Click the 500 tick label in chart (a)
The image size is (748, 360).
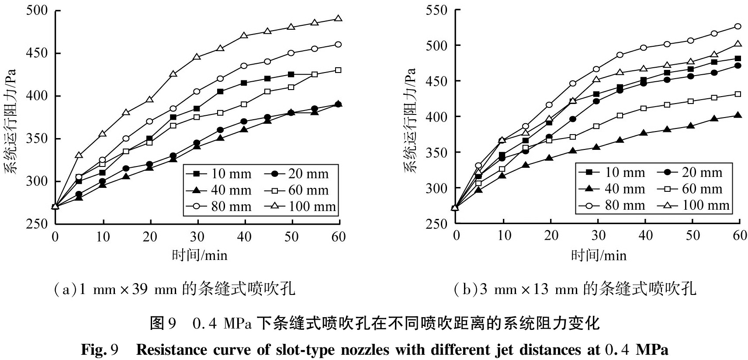pos(37,10)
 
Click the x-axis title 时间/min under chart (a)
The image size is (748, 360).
pos(199,255)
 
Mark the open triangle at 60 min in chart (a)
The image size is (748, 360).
pos(338,18)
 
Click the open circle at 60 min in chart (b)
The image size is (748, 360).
pos(738,26)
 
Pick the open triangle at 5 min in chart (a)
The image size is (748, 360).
pos(79,155)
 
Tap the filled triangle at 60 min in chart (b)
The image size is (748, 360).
pos(738,115)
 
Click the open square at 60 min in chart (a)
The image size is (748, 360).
pos(338,70)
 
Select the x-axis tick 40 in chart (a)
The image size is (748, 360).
pos(244,237)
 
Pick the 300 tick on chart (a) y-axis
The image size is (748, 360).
pos(37,181)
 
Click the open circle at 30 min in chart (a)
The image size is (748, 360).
pos(197,91)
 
